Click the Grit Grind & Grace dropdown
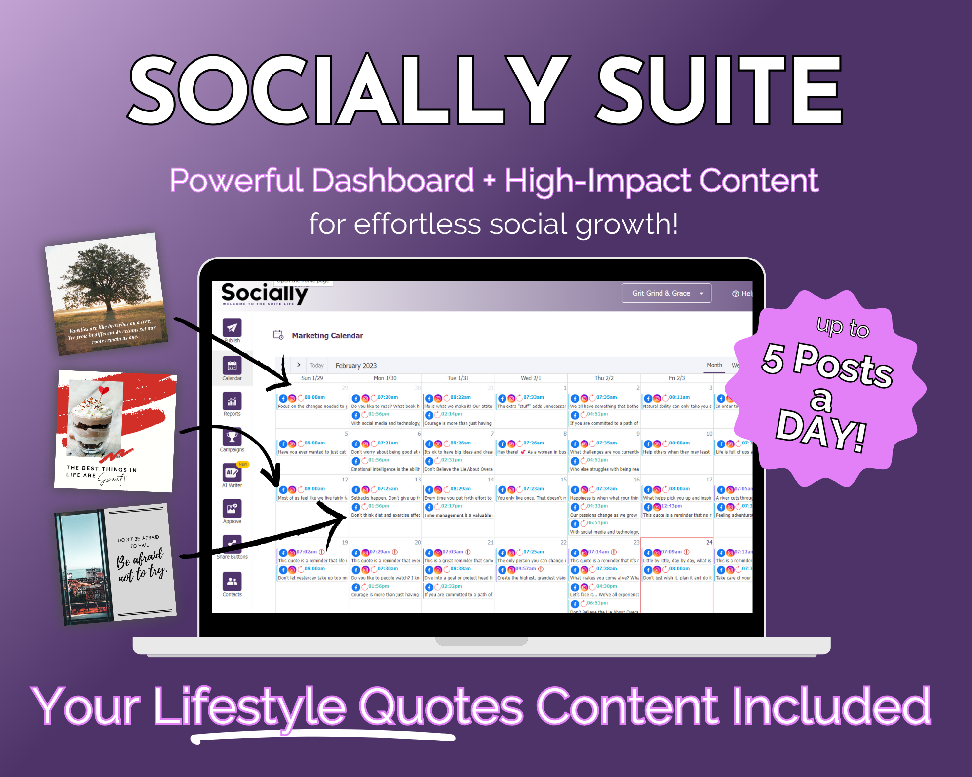(x=666, y=293)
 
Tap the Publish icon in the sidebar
(x=232, y=328)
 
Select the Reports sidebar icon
(x=232, y=402)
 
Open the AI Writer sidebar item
(x=232, y=473)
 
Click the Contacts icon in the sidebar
(x=232, y=582)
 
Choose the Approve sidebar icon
(x=232, y=509)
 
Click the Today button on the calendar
(x=316, y=366)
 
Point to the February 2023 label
(x=356, y=366)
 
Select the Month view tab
(x=714, y=365)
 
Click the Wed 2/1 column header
(x=531, y=378)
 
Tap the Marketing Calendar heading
(x=327, y=336)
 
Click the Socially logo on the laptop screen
(x=264, y=294)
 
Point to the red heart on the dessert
(x=103, y=391)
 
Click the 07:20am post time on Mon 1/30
(x=388, y=397)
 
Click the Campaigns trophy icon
(x=232, y=437)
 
